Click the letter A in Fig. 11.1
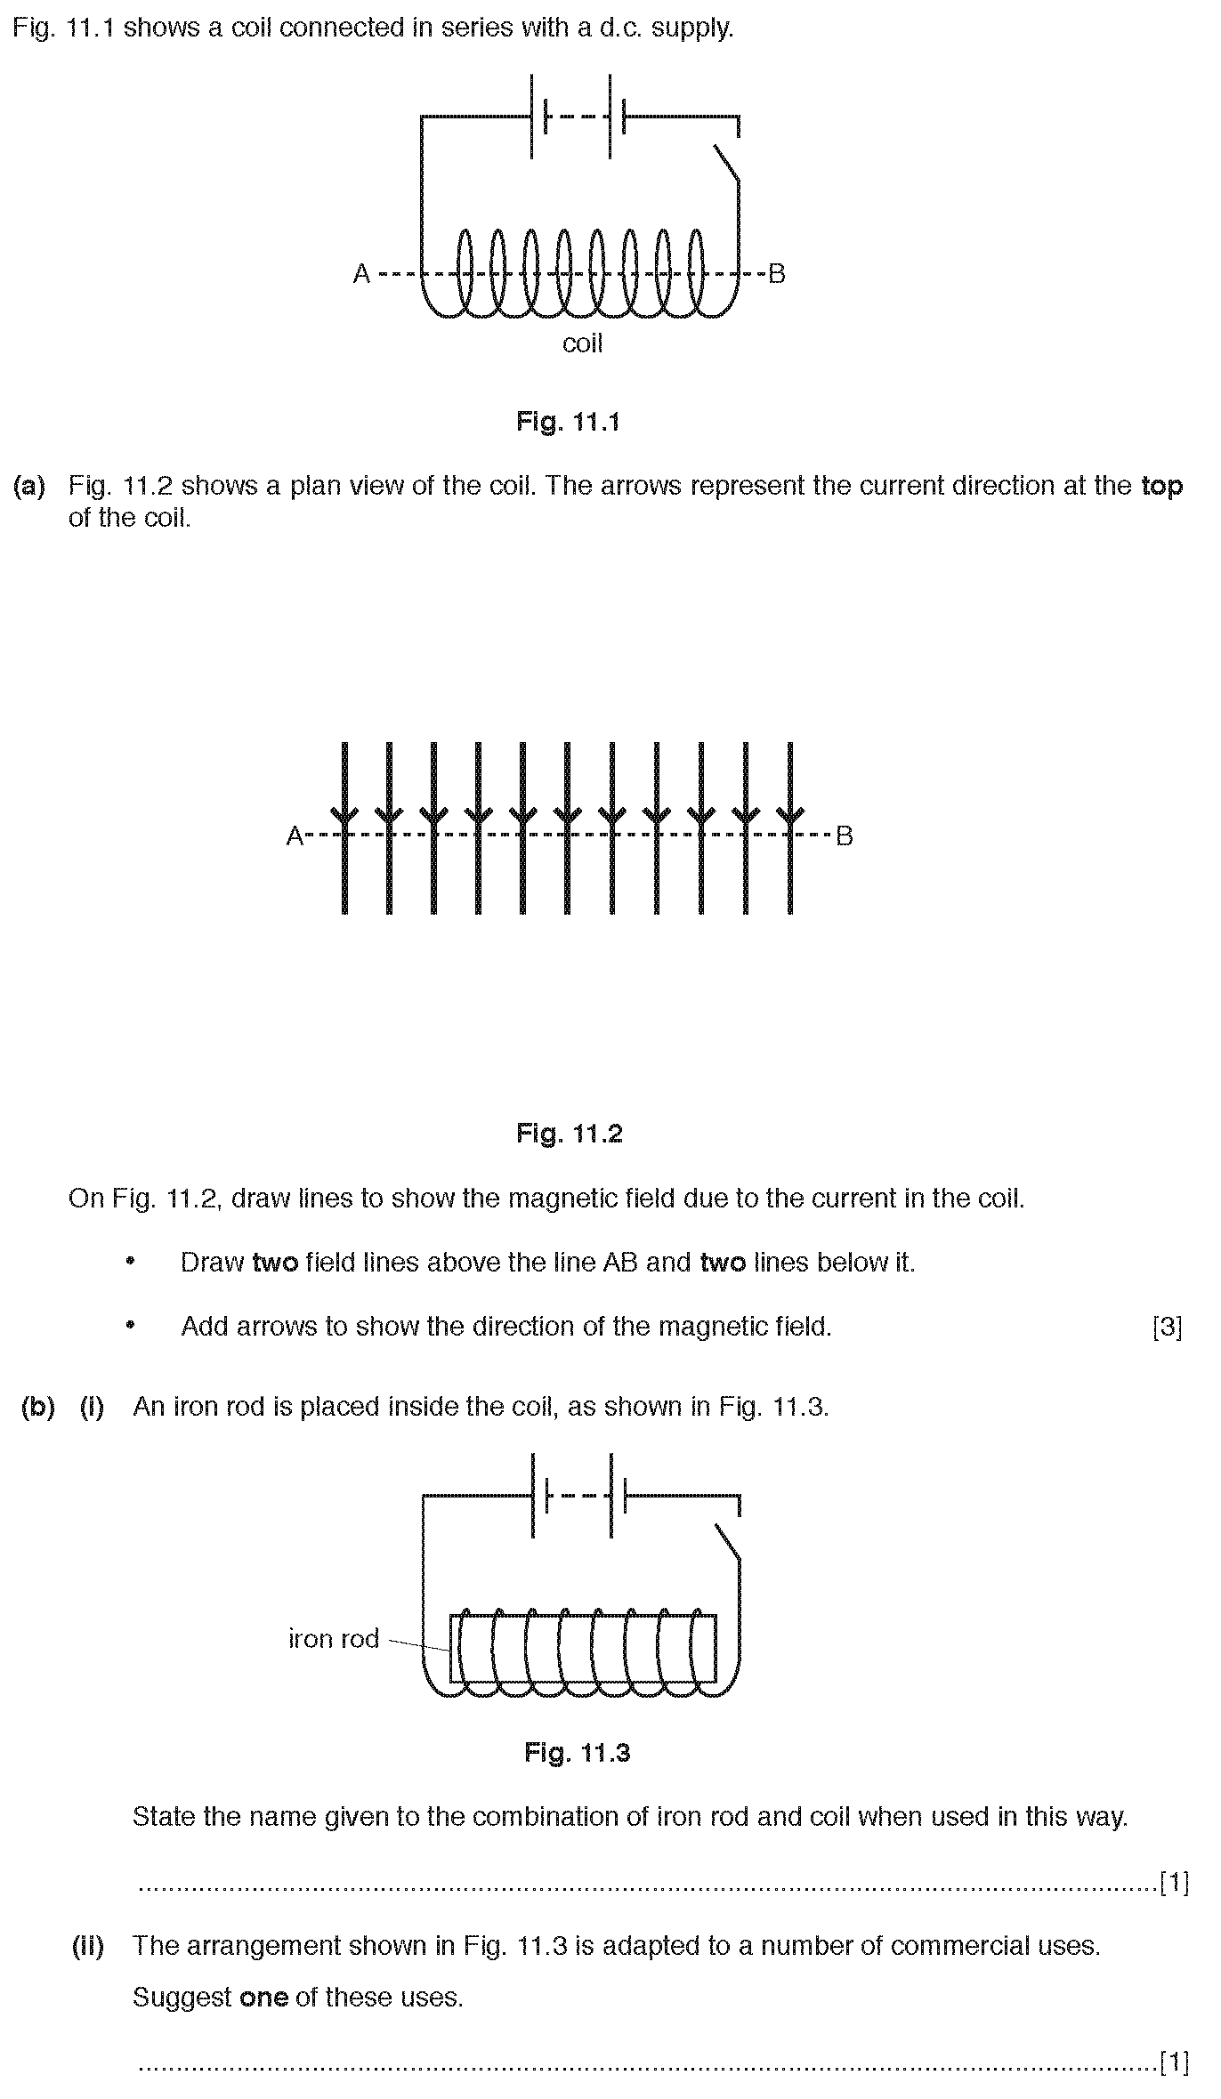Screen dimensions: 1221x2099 [x=361, y=273]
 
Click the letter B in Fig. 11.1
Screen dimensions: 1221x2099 [x=777, y=273]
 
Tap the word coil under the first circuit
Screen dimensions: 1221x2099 [x=582, y=343]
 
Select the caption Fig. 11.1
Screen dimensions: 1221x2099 [x=568, y=421]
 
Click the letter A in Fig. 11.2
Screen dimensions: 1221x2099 [x=295, y=836]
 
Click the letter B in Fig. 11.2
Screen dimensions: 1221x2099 [x=845, y=836]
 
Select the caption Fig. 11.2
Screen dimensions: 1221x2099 [x=570, y=1134]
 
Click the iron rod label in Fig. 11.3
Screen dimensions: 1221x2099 [x=334, y=1638]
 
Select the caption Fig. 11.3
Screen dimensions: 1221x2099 [x=577, y=1753]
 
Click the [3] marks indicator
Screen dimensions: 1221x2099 [x=1167, y=1328]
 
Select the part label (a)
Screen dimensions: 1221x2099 [x=29, y=486]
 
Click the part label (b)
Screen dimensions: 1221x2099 [x=37, y=1407]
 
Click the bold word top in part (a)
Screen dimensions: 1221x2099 [x=1162, y=487]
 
